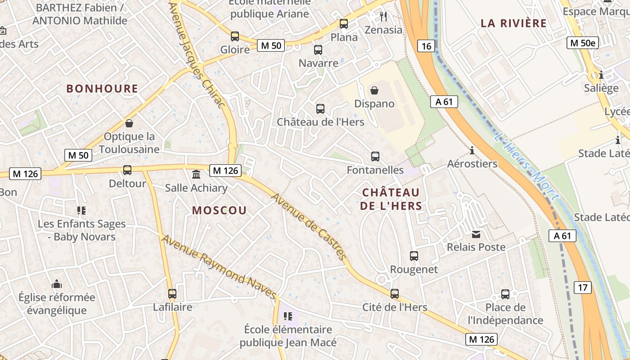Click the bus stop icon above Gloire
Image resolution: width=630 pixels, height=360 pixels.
click(235, 36)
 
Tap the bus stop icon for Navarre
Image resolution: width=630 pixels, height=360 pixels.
click(318, 50)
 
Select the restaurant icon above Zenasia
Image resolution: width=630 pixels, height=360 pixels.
click(383, 17)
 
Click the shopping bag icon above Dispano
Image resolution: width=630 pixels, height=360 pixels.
click(374, 90)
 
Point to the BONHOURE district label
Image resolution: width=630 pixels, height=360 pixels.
click(102, 89)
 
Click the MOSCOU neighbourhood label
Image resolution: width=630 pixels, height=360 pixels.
click(220, 210)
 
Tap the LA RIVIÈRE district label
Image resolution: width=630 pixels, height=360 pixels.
click(513, 23)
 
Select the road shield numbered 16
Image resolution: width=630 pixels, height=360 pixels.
click(427, 46)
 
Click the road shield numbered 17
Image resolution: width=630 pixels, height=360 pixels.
click(583, 288)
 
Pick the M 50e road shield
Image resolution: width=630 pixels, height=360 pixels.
click(582, 43)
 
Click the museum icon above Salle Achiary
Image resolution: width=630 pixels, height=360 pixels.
click(196, 174)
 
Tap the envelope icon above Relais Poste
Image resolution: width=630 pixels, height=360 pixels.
click(476, 234)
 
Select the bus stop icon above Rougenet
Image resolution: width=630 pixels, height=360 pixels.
click(414, 256)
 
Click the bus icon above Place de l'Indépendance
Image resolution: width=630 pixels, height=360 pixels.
click(505, 294)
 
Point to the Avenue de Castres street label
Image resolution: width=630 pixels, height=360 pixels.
click(309, 226)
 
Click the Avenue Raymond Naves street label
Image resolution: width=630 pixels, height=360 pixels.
click(219, 267)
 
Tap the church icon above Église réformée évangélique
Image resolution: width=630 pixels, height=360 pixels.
click(57, 284)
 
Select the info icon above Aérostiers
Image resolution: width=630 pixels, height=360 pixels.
click(472, 150)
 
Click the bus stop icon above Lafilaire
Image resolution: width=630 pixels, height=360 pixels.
click(172, 294)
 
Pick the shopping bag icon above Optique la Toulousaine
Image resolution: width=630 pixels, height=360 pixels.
click(129, 123)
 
